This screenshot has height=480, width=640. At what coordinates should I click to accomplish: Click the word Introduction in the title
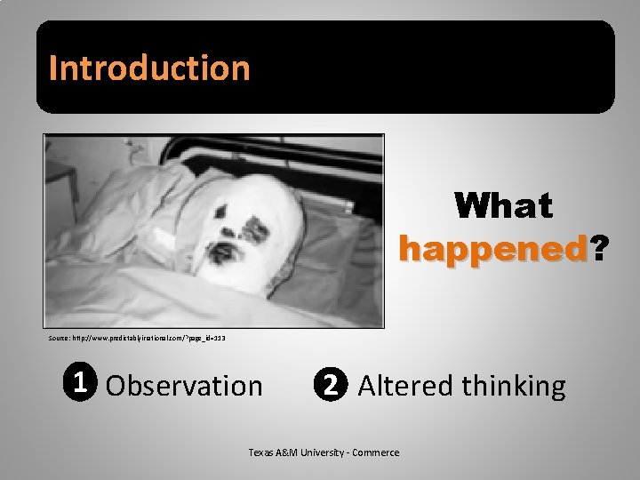point(149,68)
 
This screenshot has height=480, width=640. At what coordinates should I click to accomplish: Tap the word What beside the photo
point(503,206)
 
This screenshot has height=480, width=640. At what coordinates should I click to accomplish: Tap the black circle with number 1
point(80,383)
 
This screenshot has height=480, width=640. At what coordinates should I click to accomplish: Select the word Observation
point(184,386)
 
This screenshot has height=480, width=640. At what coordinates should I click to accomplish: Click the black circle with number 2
point(330,385)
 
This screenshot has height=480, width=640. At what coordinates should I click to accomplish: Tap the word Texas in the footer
point(260,452)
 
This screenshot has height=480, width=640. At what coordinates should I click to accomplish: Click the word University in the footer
point(324,452)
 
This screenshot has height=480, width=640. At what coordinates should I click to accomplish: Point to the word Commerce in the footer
point(377,452)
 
